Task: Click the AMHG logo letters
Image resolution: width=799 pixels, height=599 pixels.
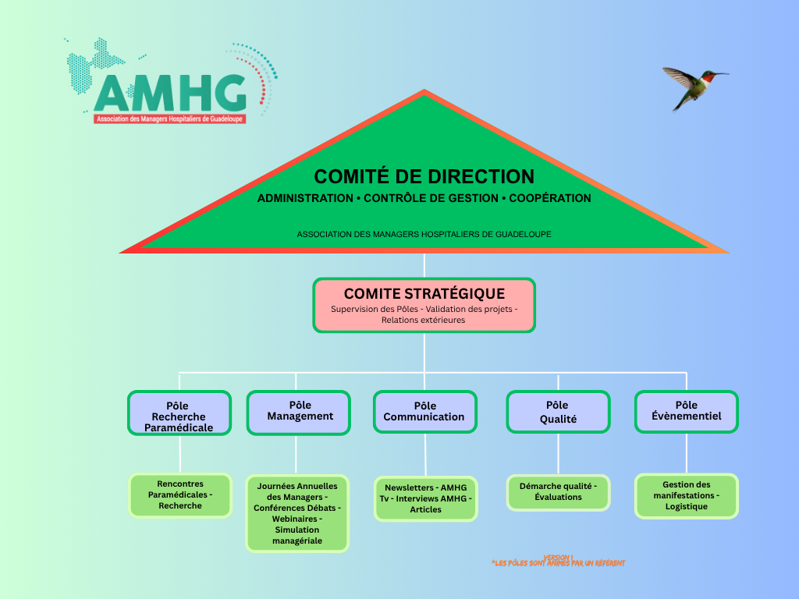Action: pyautogui.click(x=170, y=94)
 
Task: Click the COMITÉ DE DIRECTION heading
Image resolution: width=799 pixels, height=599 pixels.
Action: pyautogui.click(x=424, y=177)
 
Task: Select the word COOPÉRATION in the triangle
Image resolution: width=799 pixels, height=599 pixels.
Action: pyautogui.click(x=550, y=198)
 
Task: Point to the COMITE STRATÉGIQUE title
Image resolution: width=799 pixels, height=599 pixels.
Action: pyautogui.click(x=424, y=294)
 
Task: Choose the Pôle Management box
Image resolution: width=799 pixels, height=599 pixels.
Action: pyautogui.click(x=300, y=412)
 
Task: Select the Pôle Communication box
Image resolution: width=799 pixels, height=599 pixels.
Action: pyautogui.click(x=424, y=412)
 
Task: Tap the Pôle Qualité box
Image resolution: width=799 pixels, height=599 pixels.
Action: pyautogui.click(x=558, y=412)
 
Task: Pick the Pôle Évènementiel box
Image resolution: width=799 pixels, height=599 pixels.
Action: pyautogui.click(x=687, y=412)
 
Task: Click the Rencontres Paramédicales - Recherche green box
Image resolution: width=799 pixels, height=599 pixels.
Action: pyautogui.click(x=179, y=495)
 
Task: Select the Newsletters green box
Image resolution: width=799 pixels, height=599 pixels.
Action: pyautogui.click(x=425, y=498)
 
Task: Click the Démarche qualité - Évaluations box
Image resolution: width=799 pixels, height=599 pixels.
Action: pyautogui.click(x=558, y=492)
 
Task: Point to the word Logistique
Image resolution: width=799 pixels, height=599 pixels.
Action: pyautogui.click(x=687, y=506)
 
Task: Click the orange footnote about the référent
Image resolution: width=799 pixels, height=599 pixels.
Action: pyautogui.click(x=559, y=563)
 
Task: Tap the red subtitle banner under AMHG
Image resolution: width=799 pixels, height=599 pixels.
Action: pyautogui.click(x=170, y=119)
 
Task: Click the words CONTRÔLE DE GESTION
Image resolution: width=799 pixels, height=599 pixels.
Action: pyautogui.click(x=431, y=198)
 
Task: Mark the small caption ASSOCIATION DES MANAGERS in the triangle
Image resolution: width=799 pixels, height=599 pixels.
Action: pyautogui.click(x=424, y=234)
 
